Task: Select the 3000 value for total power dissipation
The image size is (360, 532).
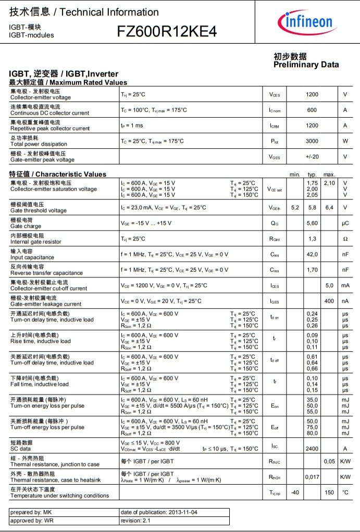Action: pos(312,141)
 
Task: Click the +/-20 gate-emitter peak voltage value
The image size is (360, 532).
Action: pos(312,157)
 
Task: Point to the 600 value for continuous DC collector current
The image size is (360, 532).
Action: pos(312,110)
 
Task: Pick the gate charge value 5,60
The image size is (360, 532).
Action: pos(312,223)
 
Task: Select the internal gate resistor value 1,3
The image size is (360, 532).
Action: pos(312,239)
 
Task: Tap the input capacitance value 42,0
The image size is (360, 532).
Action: pos(312,255)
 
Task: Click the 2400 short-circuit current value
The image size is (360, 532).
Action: pos(312,449)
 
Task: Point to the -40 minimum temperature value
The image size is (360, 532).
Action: pos(295,492)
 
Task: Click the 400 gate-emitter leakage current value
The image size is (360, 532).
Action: pos(329,301)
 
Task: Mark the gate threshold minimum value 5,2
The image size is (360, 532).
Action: pos(295,208)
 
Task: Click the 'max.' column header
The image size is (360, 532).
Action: pos(329,174)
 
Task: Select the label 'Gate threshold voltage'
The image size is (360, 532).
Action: pos(39,211)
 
